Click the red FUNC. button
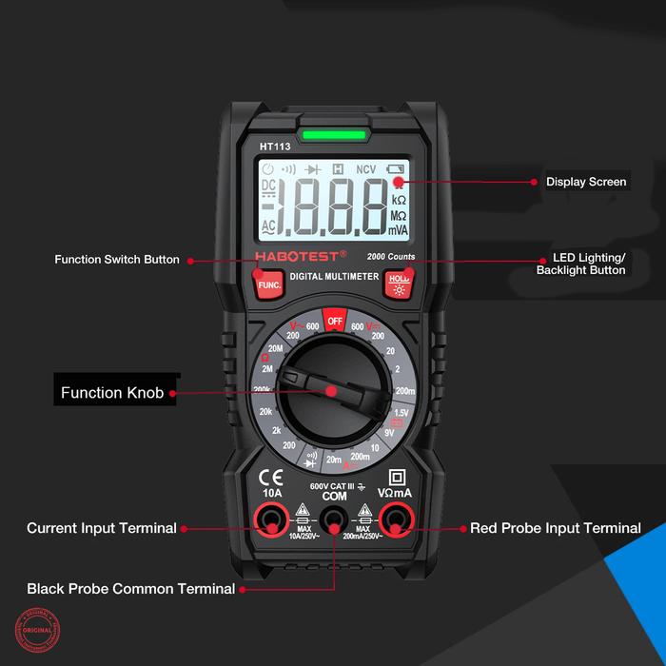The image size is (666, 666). (269, 283)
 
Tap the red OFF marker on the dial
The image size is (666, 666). (334, 321)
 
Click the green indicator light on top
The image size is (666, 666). (333, 136)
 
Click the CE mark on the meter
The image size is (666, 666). (271, 477)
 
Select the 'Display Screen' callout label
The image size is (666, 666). (586, 182)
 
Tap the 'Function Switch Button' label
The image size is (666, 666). (117, 260)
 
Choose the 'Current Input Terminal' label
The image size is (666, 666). (102, 528)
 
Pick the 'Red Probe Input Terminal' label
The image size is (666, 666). (556, 528)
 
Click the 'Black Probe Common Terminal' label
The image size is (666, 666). (131, 589)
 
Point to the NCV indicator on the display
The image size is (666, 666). (366, 169)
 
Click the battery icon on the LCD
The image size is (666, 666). (396, 169)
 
